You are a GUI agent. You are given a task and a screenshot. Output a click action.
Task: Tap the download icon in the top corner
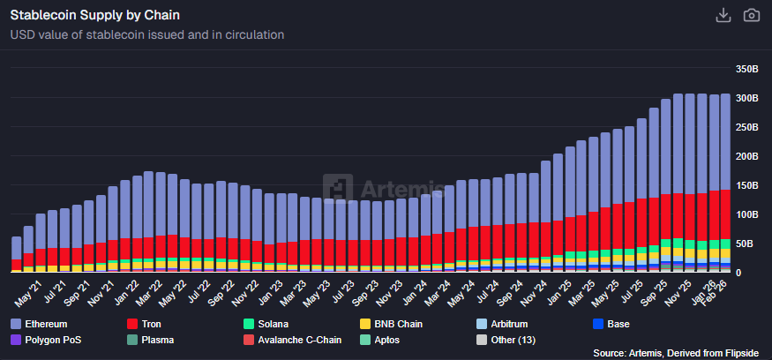pos(723,15)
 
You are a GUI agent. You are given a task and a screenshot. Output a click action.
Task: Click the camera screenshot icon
pos(752,15)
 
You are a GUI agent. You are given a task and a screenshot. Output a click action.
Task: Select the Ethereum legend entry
pos(45,324)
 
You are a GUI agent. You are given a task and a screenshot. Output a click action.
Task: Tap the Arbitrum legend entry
pos(510,324)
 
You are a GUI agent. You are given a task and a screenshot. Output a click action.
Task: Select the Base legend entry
pos(618,324)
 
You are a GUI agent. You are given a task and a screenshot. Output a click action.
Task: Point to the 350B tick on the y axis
pos(748,69)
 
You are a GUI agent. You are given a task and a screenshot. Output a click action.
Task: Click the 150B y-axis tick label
pos(748,185)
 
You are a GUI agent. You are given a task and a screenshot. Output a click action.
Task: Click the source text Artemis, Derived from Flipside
pos(678,353)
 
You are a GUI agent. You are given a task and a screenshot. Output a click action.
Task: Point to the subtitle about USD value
pos(146,35)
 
